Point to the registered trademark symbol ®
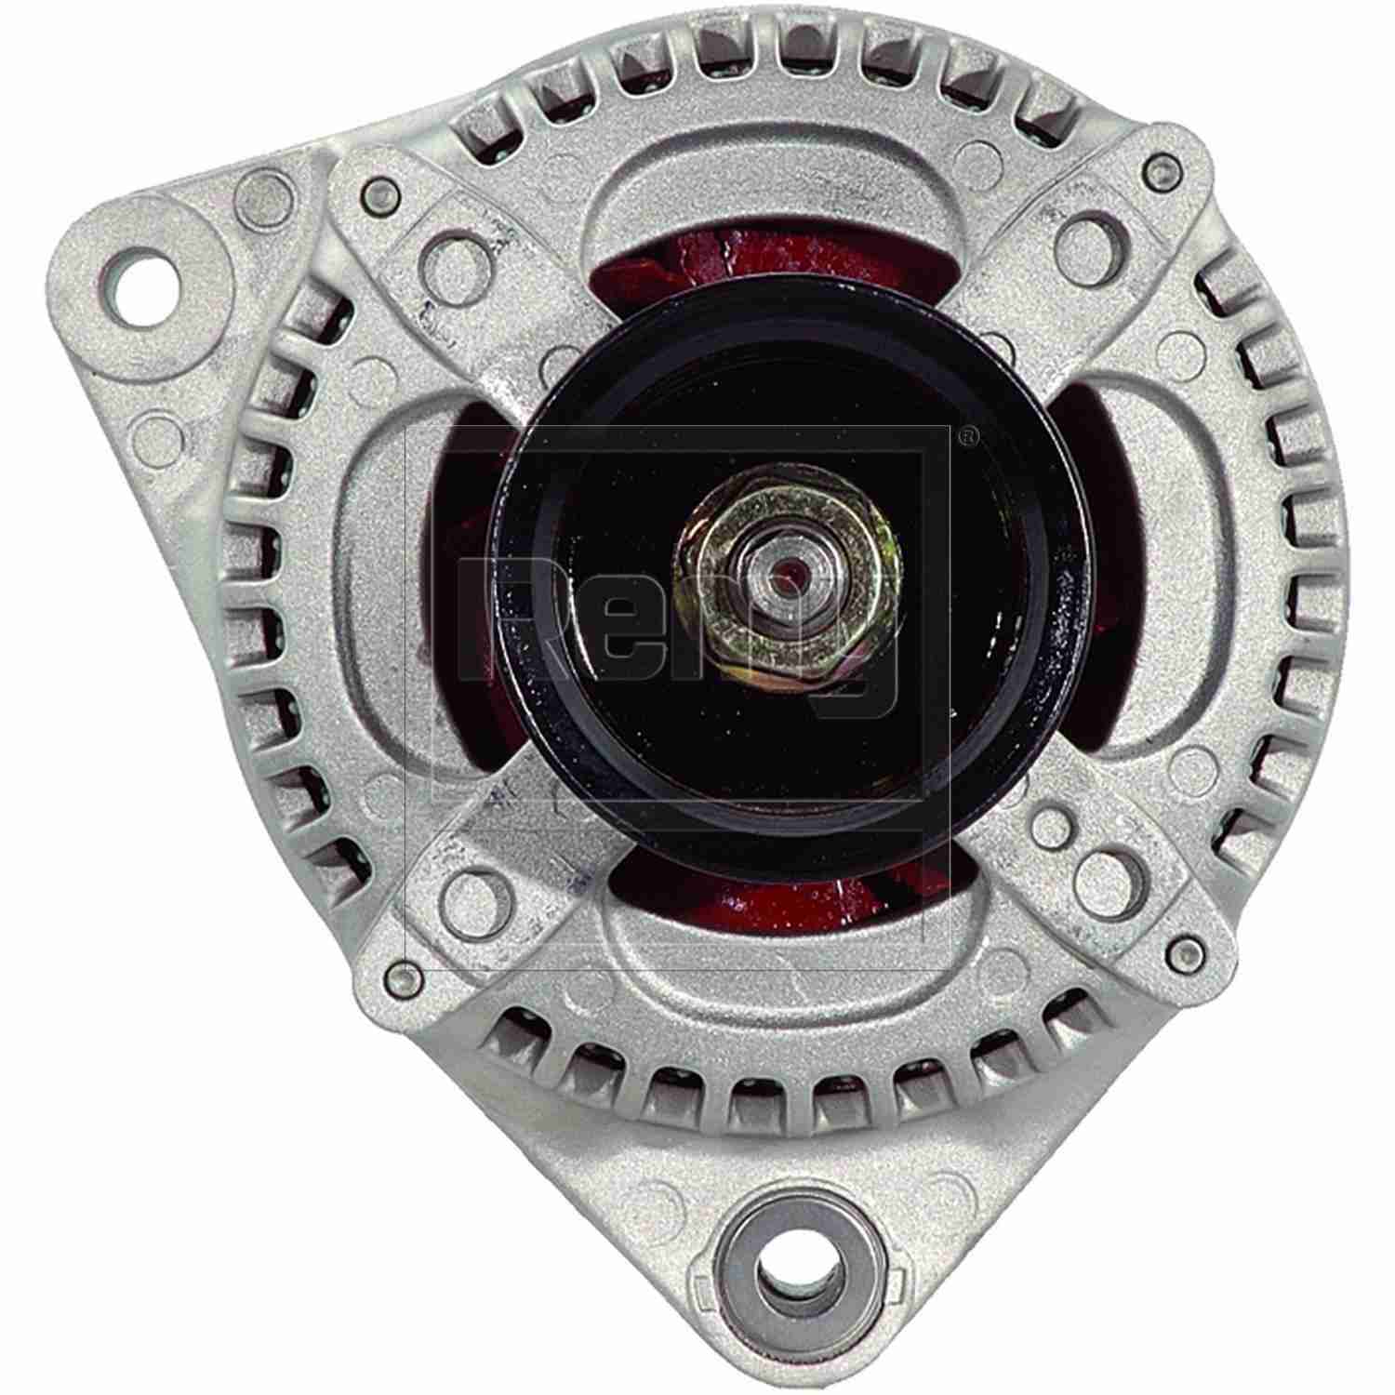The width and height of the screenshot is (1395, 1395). click(x=968, y=432)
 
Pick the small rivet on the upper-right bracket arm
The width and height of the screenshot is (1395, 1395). click(x=1157, y=168)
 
